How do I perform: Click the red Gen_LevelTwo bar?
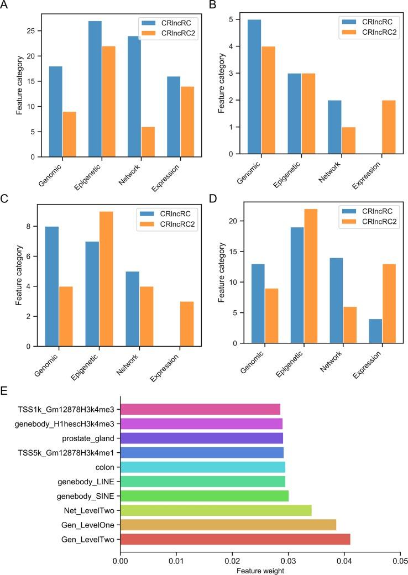point(235,540)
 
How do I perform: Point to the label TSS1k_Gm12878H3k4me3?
point(69,409)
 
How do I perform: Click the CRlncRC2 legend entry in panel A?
point(169,34)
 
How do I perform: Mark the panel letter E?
point(4,390)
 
